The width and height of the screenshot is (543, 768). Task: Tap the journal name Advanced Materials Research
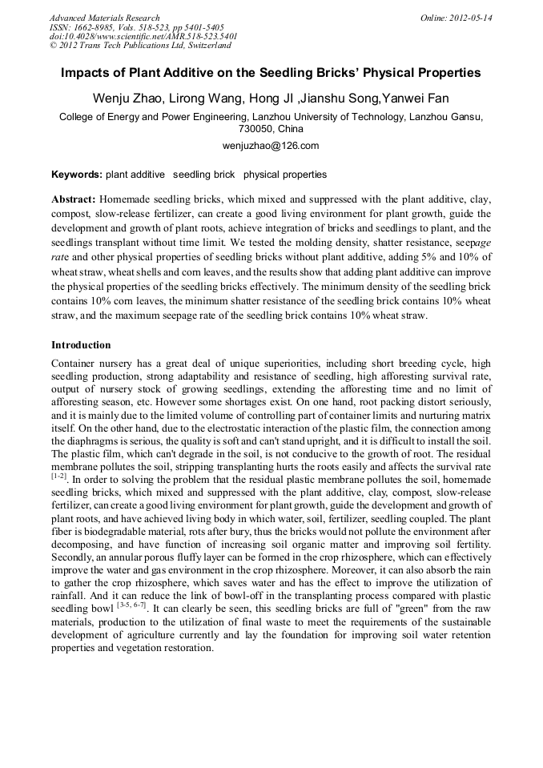pyautogui.click(x=104, y=18)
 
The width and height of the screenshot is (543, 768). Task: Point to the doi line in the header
pyautogui.click(x=143, y=37)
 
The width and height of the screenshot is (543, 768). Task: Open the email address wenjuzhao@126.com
pyautogui.click(x=271, y=146)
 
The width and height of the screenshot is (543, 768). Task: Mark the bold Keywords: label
pyautogui.click(x=77, y=175)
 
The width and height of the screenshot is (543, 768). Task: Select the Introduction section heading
pyautogui.click(x=81, y=345)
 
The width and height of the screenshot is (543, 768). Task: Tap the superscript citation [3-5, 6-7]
pyautogui.click(x=133, y=606)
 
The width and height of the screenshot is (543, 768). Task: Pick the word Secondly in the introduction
pyautogui.click(x=74, y=557)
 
